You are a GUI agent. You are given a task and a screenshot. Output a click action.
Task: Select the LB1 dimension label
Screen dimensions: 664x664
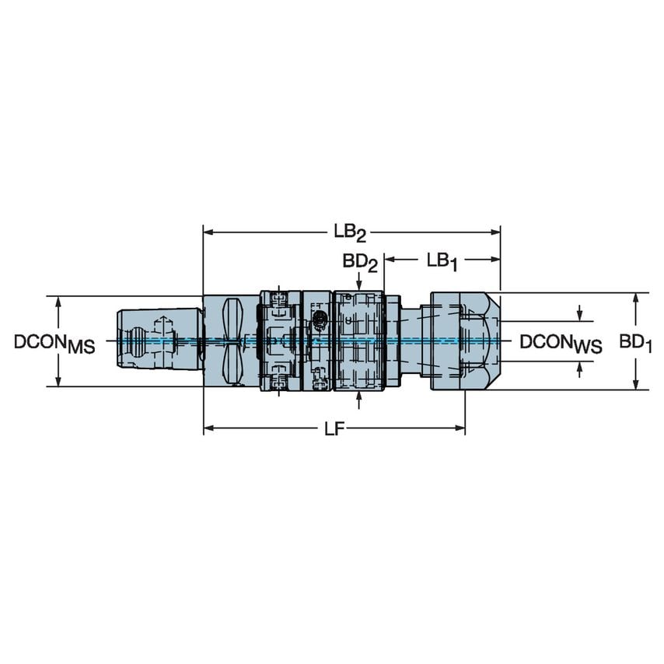click(x=441, y=262)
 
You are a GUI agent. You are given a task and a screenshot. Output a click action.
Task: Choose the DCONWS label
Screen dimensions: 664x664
click(x=560, y=343)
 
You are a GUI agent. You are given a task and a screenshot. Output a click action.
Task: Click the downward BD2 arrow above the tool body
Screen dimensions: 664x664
click(x=358, y=287)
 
